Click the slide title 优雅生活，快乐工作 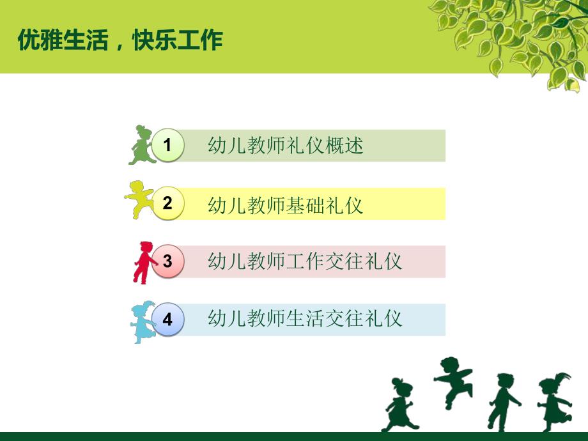click(120, 40)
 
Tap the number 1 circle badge click(167, 146)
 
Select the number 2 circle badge click(167, 204)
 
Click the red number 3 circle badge click(167, 261)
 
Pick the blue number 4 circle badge click(167, 320)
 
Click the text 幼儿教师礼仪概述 click(286, 146)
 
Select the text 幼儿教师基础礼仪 click(286, 205)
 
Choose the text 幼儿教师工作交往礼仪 click(305, 261)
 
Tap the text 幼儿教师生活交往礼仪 click(305, 318)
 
